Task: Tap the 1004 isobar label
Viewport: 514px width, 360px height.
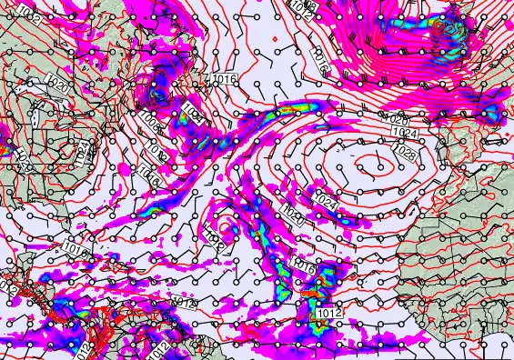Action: (x=191, y=112)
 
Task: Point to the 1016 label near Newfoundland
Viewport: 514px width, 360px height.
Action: (x=225, y=80)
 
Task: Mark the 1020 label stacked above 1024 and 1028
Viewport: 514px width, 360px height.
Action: (x=398, y=119)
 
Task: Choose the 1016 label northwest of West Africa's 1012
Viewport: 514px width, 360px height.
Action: (x=304, y=269)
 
